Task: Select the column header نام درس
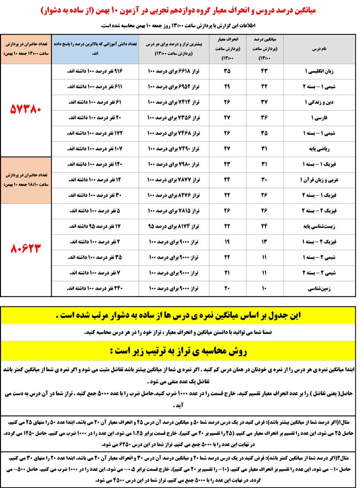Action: pos(319,49)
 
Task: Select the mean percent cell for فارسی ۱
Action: pos(265,117)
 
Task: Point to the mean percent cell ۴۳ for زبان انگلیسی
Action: pos(265,70)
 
